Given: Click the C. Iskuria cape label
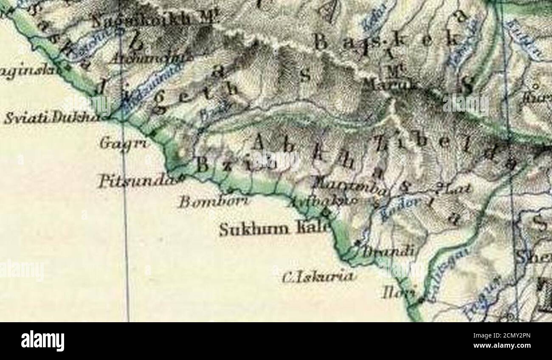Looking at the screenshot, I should pos(318,276).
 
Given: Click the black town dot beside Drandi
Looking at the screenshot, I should pos(357,243).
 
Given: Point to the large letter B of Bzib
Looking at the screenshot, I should pos(203,165).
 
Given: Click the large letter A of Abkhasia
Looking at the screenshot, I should pos(259,141).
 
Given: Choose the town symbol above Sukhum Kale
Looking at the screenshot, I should pos(327,211).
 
